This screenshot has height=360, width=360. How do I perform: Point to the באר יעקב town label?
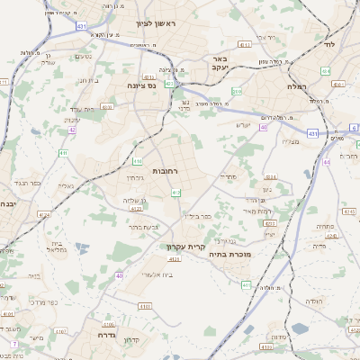[x=225, y=63]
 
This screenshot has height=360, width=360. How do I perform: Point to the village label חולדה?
[x=313, y=301]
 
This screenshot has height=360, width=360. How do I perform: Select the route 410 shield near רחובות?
[x=137, y=161]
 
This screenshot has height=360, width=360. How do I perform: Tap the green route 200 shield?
[x=238, y=91]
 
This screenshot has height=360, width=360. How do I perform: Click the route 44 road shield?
[x=327, y=162]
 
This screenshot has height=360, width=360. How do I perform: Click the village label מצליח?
[x=290, y=141]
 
